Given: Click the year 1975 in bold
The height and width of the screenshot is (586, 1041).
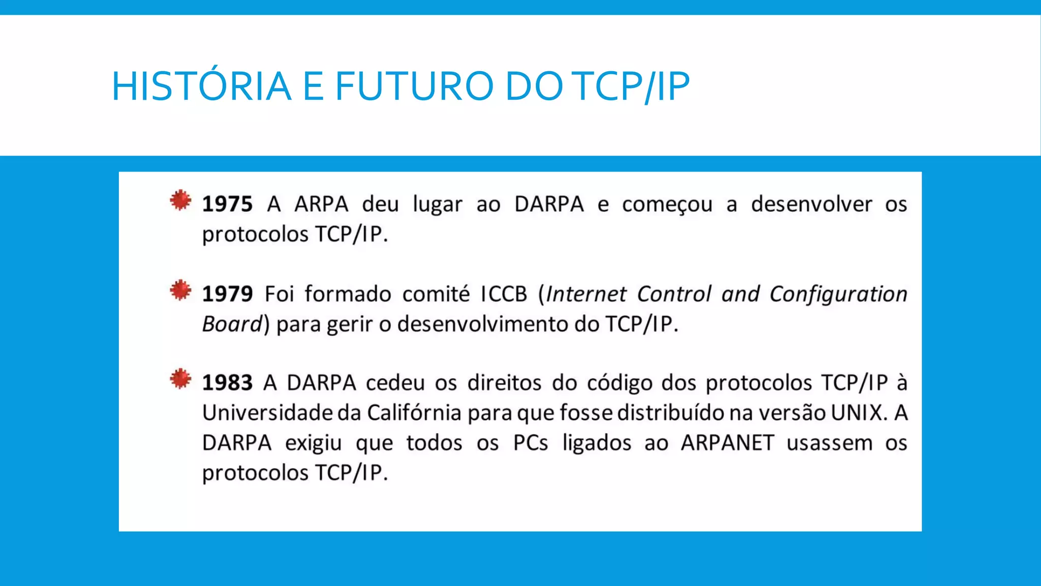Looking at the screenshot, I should click(x=227, y=204).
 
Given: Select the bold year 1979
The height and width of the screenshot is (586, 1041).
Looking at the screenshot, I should click(x=227, y=294).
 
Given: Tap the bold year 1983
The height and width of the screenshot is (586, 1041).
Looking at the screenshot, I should click(x=227, y=383).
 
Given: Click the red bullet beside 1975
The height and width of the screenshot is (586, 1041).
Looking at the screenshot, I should click(x=180, y=200).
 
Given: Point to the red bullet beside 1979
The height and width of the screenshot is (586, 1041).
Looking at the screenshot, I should click(x=180, y=290).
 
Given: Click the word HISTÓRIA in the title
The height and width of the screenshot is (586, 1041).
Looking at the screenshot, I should click(x=201, y=85).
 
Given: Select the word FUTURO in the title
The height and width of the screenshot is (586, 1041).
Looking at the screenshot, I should click(x=414, y=85).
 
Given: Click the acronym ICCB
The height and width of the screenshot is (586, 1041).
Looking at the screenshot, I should click(x=504, y=294).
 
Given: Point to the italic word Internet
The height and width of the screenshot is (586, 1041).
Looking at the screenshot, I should click(x=586, y=294).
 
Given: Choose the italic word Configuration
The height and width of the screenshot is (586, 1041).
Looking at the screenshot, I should click(x=838, y=294).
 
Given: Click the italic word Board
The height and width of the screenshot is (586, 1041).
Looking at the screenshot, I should click(x=232, y=324).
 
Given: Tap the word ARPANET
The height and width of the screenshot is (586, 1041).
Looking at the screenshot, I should click(x=727, y=443).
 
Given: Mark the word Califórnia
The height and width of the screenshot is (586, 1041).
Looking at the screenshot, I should click(x=414, y=413).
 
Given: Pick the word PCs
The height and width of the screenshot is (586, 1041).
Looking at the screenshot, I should click(x=531, y=443).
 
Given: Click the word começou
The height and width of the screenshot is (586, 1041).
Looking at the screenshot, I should click(x=667, y=204).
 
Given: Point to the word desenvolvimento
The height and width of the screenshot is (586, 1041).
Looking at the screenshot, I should click(x=482, y=324).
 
